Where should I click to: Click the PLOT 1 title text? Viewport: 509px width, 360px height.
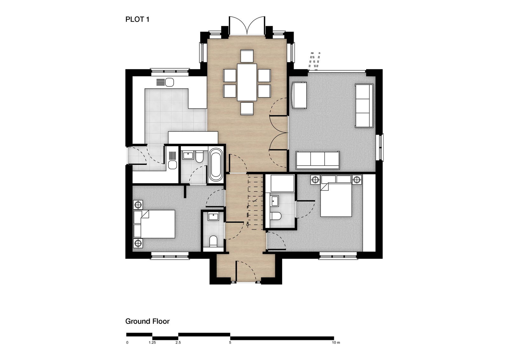click(137, 19)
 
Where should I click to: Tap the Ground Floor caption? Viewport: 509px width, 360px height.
click(147, 321)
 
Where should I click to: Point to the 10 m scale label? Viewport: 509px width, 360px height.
click(336, 342)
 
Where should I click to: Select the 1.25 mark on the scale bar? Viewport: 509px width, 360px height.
click(152, 342)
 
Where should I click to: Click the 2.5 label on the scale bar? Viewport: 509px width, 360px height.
click(178, 342)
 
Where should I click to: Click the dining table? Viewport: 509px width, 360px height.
click(247, 82)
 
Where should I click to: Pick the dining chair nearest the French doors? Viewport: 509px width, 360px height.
click(247, 56)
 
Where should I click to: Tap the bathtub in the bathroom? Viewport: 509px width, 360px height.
click(216, 165)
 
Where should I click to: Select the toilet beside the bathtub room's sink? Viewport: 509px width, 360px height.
click(199, 157)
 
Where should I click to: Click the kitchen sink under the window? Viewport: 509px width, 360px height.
click(165, 82)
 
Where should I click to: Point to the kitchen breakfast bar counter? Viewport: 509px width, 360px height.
click(193, 138)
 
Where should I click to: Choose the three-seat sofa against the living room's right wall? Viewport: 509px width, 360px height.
click(364, 106)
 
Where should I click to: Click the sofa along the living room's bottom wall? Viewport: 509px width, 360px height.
click(318, 160)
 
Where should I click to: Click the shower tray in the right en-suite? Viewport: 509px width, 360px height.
click(282, 183)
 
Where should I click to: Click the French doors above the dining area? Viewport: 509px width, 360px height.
click(247, 25)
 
